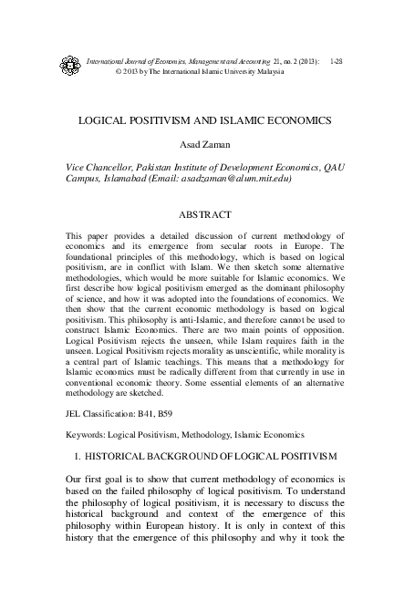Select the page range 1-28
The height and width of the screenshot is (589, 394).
click(x=337, y=60)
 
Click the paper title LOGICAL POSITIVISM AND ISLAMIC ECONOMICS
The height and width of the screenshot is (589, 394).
click(x=197, y=120)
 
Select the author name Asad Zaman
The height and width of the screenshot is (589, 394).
click(x=197, y=145)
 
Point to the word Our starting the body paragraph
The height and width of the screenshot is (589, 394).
click(x=77, y=479)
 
